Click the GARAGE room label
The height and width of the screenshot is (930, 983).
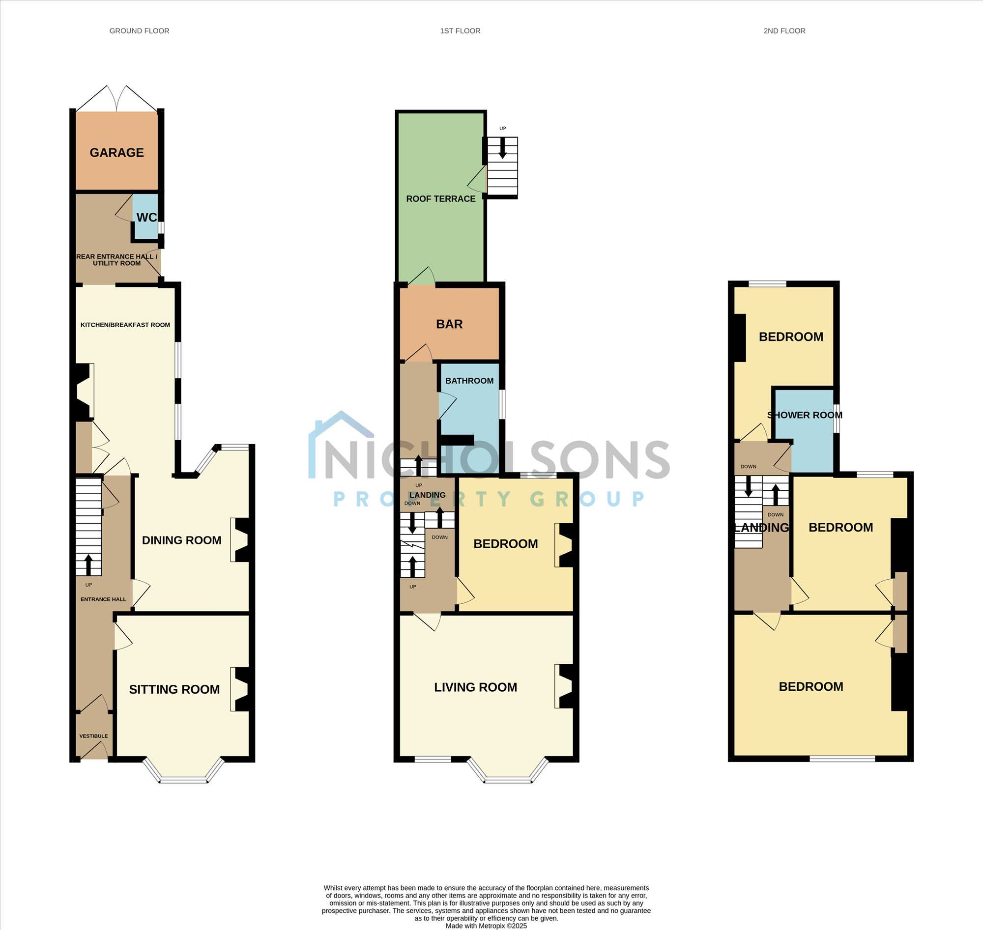116,153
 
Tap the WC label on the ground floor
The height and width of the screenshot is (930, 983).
146,217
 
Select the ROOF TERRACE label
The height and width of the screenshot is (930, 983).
440,199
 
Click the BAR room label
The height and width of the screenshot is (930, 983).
449,324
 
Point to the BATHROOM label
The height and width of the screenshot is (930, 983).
469,381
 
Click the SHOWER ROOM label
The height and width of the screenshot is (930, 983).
805,415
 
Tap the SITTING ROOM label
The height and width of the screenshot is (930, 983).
174,690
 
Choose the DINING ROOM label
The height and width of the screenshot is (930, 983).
181,540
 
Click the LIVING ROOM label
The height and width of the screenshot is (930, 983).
475,687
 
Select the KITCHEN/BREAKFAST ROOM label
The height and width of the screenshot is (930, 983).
125,325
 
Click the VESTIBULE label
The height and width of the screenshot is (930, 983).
93,736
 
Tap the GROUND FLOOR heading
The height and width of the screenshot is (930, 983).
140,31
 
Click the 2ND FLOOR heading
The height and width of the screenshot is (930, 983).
784,31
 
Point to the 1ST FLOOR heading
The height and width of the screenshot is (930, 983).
460,31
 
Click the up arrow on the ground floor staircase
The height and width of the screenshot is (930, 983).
89,564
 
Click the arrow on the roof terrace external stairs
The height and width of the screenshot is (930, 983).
502,148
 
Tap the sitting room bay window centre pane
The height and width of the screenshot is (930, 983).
183,780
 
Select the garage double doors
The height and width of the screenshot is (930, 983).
116,98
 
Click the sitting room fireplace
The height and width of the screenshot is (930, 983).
240,690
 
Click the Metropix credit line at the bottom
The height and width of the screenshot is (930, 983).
486,926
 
